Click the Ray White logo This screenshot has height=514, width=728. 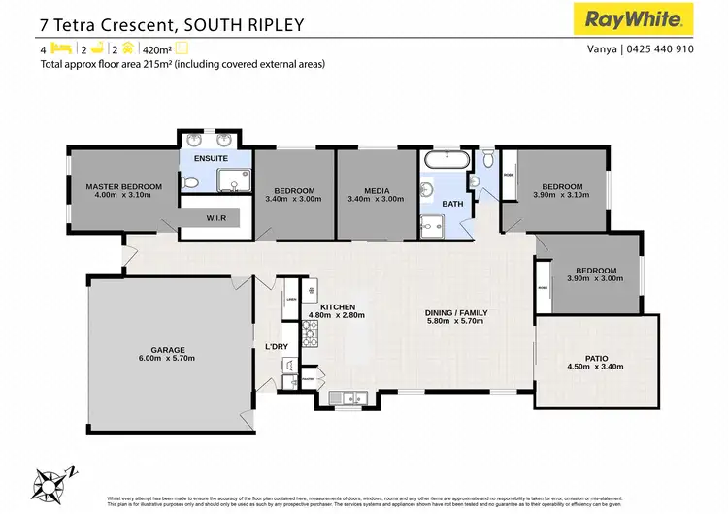point(638,18)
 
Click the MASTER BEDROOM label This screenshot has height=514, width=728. point(123,185)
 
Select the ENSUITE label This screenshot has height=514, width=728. point(211,157)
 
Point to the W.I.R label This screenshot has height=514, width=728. point(215,218)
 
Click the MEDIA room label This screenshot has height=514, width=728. point(368,190)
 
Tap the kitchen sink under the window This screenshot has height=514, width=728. point(347,396)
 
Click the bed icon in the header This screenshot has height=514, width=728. point(60,47)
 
